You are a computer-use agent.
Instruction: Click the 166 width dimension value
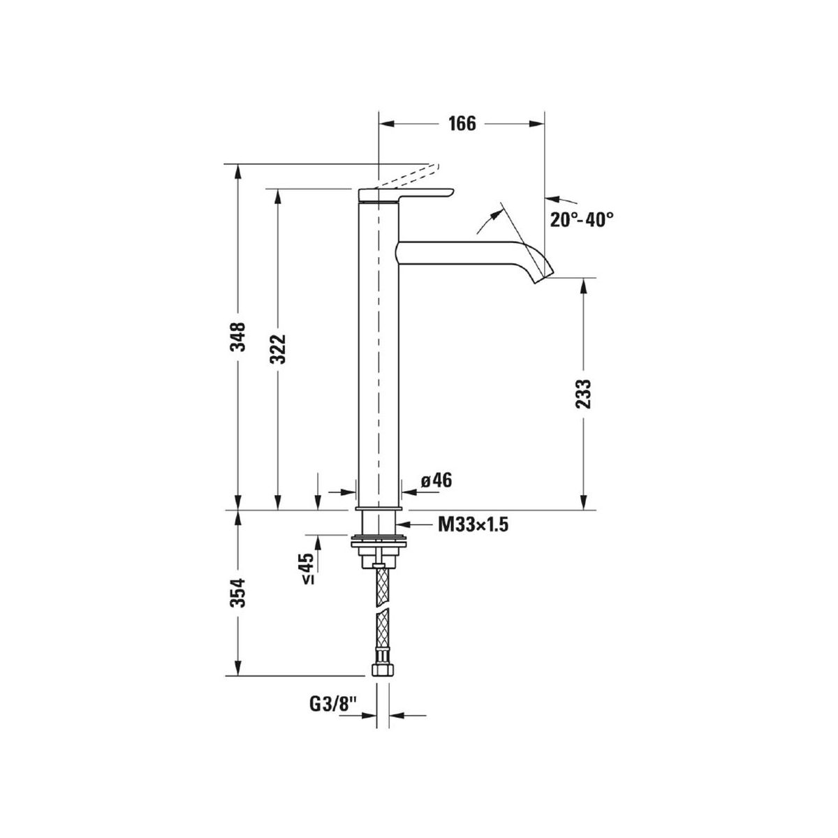(x=462, y=124)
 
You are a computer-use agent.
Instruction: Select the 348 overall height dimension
(x=238, y=337)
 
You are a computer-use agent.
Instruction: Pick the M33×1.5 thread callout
(x=473, y=525)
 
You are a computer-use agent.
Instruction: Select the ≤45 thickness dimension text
(x=309, y=568)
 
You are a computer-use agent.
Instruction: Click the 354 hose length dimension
(x=238, y=593)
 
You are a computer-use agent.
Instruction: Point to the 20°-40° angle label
(x=582, y=219)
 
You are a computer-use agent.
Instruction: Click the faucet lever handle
(x=405, y=196)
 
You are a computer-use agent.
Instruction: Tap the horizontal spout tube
(x=461, y=253)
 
